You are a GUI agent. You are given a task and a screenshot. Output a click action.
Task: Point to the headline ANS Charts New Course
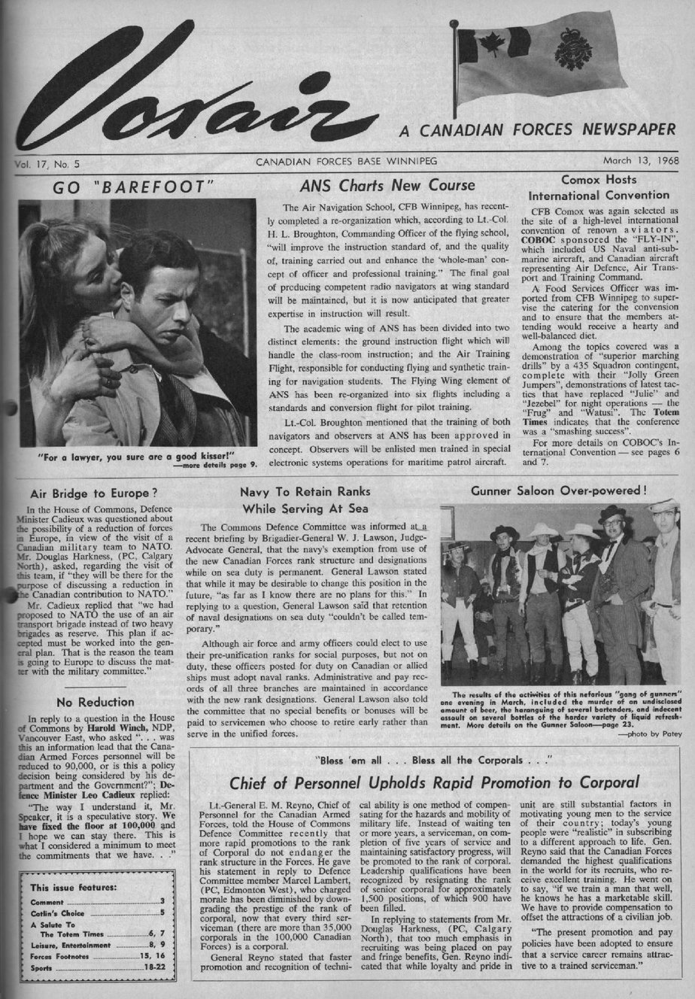click(x=387, y=185)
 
